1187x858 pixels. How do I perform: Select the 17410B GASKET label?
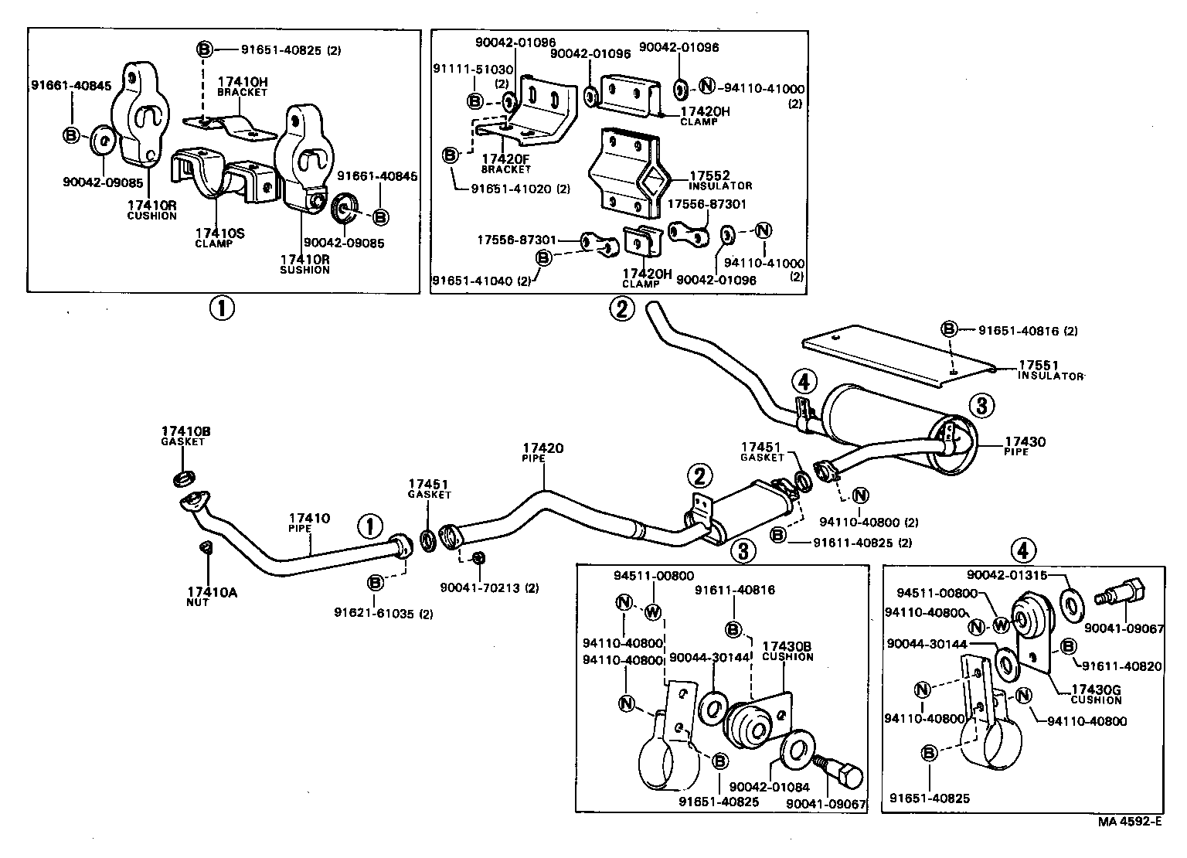[183, 435]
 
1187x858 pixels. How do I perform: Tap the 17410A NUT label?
[211, 596]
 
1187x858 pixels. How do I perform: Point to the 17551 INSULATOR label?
[1049, 369]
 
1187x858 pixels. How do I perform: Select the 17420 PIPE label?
[542, 452]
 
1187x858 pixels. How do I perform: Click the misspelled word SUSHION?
[304, 270]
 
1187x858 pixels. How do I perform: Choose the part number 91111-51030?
[473, 70]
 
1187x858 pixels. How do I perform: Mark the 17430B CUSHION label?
[787, 651]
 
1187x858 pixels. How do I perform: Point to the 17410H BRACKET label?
[242, 86]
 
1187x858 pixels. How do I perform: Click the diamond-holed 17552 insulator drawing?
[624, 175]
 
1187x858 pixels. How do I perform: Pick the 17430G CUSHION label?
[1095, 694]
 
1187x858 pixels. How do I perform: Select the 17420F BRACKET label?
[505, 163]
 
